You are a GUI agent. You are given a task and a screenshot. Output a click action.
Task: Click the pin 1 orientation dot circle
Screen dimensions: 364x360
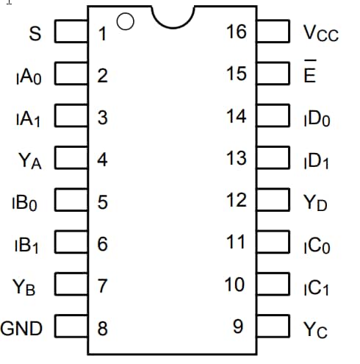[125, 22]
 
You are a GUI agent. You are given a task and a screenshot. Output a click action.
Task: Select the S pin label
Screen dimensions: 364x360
[35, 33]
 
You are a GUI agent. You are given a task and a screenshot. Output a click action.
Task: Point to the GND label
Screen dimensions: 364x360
[22, 328]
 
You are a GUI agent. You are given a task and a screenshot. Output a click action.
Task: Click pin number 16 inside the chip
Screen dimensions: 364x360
[236, 32]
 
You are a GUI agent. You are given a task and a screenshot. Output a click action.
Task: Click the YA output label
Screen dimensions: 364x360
[30, 160]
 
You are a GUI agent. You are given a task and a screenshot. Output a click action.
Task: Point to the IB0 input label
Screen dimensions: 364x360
[27, 202]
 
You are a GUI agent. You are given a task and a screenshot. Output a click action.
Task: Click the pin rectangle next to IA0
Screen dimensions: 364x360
[71, 74]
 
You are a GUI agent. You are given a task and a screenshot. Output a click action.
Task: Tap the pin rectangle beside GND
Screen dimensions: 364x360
[71, 327]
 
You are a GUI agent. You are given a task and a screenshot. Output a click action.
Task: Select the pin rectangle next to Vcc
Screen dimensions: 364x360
[273, 32]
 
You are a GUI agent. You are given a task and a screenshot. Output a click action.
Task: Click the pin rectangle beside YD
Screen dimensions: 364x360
[273, 201]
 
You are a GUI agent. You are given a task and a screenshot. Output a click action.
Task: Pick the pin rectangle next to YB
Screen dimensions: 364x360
[71, 285]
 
